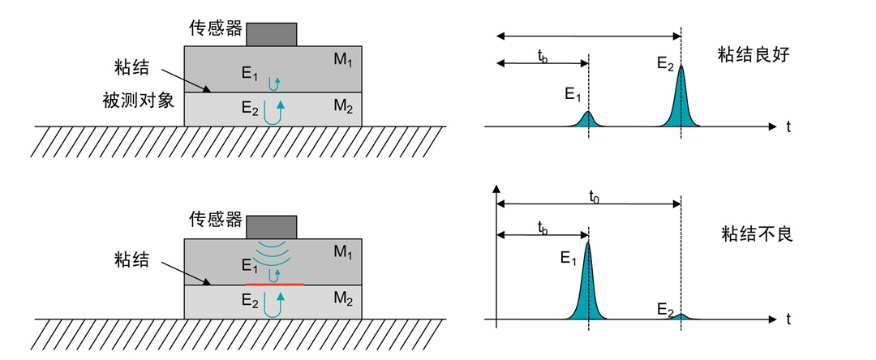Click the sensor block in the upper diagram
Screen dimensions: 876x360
click(272, 35)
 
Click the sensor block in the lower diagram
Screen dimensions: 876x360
click(272, 227)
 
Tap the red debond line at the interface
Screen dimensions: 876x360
click(274, 285)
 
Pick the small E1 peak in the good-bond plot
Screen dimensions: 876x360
click(588, 119)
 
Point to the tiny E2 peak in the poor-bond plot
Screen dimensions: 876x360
click(681, 316)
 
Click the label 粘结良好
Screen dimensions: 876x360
click(753, 54)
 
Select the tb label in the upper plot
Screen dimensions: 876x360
click(543, 56)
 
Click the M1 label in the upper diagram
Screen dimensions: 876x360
click(342, 60)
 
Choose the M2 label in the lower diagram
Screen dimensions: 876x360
click(342, 300)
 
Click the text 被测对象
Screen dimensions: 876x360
click(139, 101)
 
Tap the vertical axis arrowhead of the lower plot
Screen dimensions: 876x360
click(496, 189)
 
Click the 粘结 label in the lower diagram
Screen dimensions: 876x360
click(131, 259)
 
